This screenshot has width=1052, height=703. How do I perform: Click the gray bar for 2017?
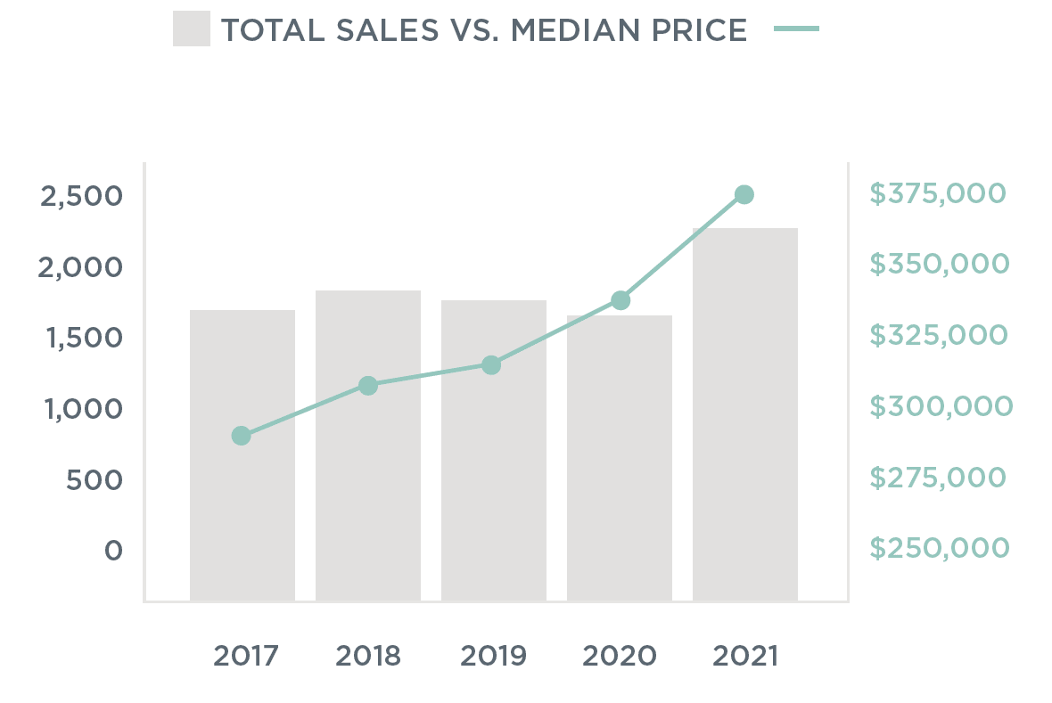click(242, 499)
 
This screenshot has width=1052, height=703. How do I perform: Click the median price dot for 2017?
click(241, 436)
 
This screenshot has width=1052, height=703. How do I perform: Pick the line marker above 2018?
click(367, 386)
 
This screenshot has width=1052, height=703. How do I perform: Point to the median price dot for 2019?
click(491, 364)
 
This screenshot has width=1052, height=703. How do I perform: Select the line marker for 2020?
click(621, 300)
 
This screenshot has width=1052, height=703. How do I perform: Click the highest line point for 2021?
click(744, 194)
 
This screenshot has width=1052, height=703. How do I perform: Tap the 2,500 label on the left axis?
click(81, 196)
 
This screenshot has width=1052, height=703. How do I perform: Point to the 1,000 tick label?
click(81, 409)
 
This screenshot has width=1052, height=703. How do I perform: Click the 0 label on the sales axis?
click(113, 551)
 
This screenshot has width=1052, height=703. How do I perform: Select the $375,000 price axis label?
click(937, 193)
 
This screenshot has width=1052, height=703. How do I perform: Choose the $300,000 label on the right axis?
click(941, 406)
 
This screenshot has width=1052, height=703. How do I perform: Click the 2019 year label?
click(493, 657)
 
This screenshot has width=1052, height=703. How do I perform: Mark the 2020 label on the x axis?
click(620, 657)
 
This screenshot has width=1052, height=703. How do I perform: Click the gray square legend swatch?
click(192, 29)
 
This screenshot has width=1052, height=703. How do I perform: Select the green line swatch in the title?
click(796, 29)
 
